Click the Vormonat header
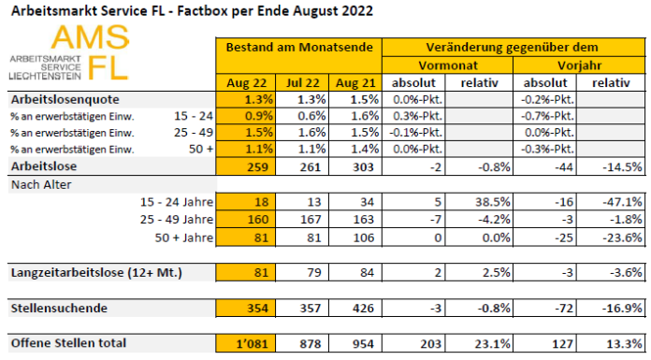(x=444, y=65)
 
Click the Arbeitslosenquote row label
(x=64, y=100)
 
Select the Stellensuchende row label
(x=57, y=308)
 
